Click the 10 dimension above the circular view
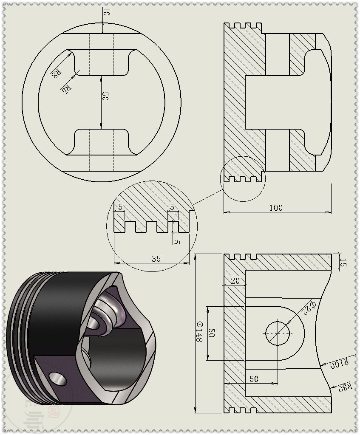click(x=106, y=13)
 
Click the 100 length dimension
click(x=276, y=207)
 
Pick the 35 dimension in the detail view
click(x=156, y=258)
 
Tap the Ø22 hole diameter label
click(x=309, y=308)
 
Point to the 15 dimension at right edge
click(x=343, y=263)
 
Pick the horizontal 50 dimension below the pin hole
click(x=254, y=379)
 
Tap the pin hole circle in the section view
click(x=278, y=333)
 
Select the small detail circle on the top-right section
click(x=243, y=179)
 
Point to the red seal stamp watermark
click(x=54, y=411)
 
